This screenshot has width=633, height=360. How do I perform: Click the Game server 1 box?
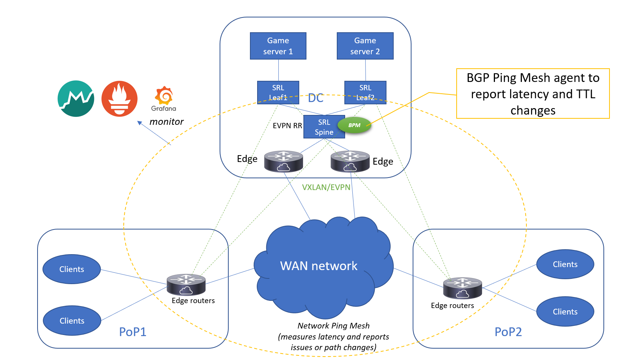pos(278,46)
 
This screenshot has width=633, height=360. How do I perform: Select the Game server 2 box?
pos(365,46)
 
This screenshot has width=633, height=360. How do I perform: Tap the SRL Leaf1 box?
pos(278,92)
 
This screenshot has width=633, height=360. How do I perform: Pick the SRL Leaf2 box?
pos(365,92)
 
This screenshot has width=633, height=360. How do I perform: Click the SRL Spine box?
pos(324,127)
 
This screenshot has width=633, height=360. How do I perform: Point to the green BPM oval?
pos(354,125)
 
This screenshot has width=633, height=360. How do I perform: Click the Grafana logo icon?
pos(164,96)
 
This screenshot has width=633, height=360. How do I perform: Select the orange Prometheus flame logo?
pos(119,99)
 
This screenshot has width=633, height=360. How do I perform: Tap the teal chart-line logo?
pos(76,99)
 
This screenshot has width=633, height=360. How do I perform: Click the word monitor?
pos(166,122)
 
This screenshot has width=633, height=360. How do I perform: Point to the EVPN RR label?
pos(287,126)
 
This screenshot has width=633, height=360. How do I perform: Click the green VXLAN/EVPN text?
pos(326,187)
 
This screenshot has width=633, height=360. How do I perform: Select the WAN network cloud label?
pos(319,266)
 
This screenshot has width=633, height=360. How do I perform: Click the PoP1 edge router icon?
pos(186,285)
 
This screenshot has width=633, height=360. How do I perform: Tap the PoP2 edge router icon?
pos(462,288)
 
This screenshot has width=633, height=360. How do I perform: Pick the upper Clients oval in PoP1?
pos(72,269)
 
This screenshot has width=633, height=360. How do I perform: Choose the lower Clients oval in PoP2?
pos(565,311)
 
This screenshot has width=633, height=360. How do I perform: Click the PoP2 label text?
pos(508,332)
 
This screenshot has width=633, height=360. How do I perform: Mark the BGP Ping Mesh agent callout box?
pos(533,94)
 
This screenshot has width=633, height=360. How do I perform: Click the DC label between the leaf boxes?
pos(316,98)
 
